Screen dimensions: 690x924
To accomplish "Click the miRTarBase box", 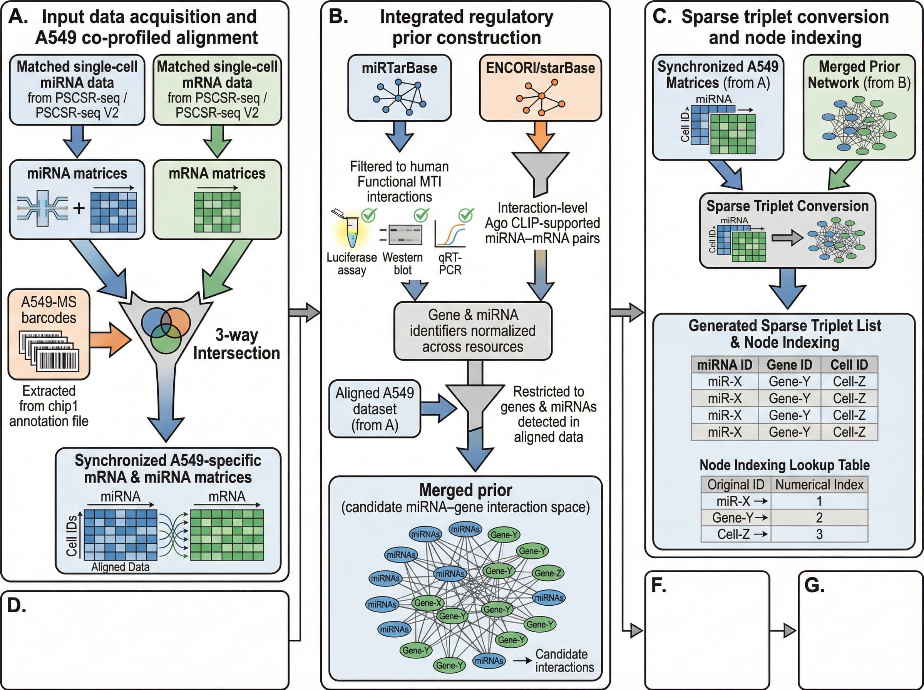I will pyautogui.click(x=399, y=88).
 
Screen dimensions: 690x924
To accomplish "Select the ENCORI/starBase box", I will pyautogui.click(x=540, y=88).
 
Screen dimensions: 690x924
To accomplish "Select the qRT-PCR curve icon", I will pyautogui.click(x=450, y=235).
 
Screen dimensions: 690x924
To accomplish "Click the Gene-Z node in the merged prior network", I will pyautogui.click(x=548, y=573).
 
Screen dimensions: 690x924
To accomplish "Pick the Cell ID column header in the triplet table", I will pyautogui.click(x=849, y=365).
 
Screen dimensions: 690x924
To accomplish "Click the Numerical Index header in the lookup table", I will pyautogui.click(x=819, y=484).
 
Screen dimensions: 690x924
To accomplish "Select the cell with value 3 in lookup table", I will pyautogui.click(x=819, y=534).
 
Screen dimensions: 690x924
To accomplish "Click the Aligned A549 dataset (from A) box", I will pyautogui.click(x=375, y=409).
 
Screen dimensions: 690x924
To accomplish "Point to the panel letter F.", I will pyautogui.click(x=658, y=586).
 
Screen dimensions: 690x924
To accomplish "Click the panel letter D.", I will pyautogui.click(x=16, y=605).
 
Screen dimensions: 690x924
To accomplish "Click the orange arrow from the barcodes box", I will pyautogui.click(x=110, y=339).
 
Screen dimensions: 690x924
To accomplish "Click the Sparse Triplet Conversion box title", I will pyautogui.click(x=787, y=206).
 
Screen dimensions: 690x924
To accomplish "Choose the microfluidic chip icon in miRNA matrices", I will pyautogui.click(x=43, y=208).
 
